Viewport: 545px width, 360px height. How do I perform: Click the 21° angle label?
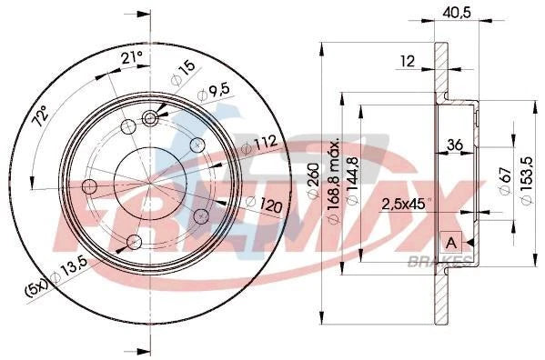(132, 59)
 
